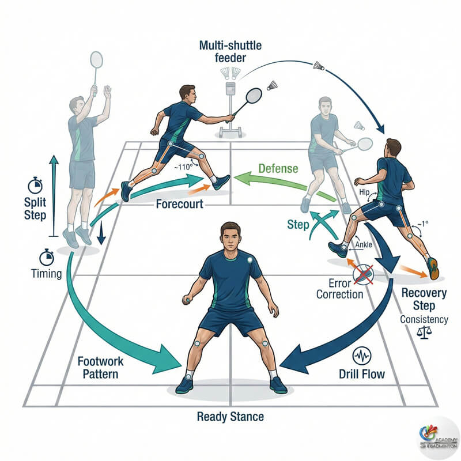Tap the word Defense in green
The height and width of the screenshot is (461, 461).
[278, 168]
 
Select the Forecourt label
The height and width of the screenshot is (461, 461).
[180, 204]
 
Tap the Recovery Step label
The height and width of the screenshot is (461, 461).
[424, 299]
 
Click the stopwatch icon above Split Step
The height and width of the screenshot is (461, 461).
[35, 186]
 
